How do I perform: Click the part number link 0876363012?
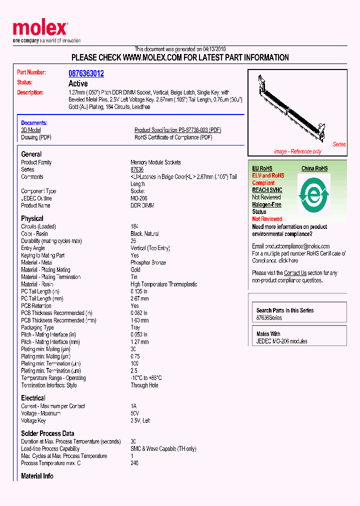pos(86,73)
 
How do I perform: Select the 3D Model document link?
pos(30,130)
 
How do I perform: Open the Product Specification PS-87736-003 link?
pos(177,130)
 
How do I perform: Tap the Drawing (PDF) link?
pos(36,137)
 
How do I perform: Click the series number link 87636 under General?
pos(137,170)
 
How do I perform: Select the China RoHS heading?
pos(314,168)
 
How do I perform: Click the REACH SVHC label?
pos(267,190)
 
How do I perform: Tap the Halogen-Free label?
pos(266,204)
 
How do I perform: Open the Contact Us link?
pos(295,273)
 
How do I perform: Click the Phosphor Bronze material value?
pos(148,262)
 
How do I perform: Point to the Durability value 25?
pos(133,241)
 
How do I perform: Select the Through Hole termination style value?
pos(144,385)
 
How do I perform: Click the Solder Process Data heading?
pos(47,433)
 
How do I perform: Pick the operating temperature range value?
pos(146,378)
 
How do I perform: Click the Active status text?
pos(78,83)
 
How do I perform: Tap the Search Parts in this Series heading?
pos(285,310)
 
